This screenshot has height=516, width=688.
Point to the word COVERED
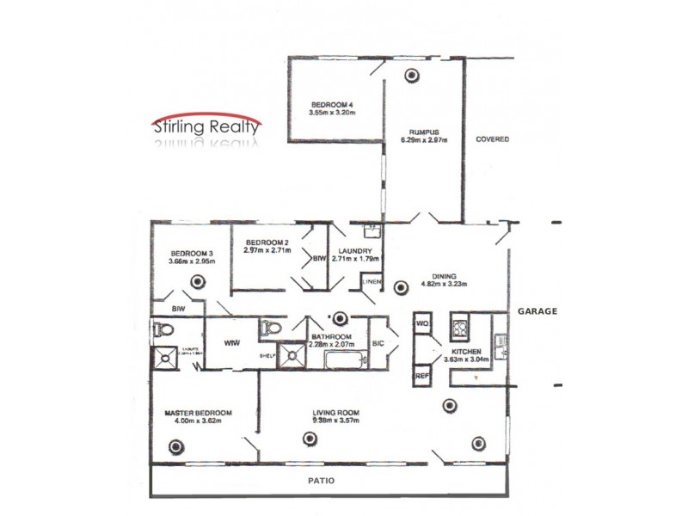point(493,139)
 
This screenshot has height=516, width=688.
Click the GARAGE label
point(537,311)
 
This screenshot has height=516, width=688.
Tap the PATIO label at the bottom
point(323,481)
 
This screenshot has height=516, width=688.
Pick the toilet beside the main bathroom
point(271,329)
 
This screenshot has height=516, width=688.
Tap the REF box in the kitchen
point(421,376)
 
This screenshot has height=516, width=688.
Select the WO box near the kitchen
point(421,323)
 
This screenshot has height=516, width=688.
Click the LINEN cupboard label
point(371,282)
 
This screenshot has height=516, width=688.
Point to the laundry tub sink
point(372,230)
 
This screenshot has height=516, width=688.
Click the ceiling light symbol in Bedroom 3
point(199,279)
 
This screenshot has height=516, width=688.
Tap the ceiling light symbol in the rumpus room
point(413,76)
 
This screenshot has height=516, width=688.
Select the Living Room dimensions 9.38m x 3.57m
point(335,421)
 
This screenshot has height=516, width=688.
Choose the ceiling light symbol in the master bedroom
point(177,445)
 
